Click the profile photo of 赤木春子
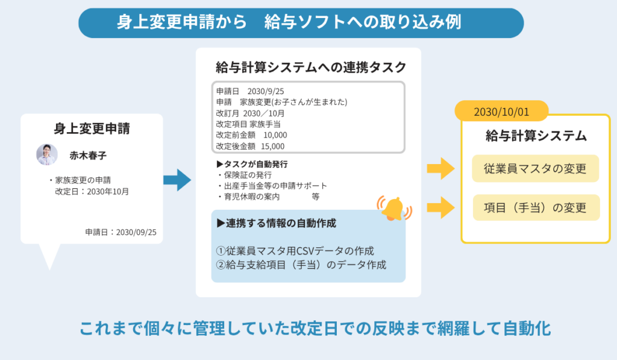coord(47,154)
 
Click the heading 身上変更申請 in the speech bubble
coord(92,128)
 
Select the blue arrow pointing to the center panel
coord(177,180)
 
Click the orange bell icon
coord(393,208)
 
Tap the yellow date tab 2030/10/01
coord(501,113)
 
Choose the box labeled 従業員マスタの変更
coord(535,169)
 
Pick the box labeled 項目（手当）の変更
coord(535,207)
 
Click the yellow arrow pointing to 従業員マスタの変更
coord(440,169)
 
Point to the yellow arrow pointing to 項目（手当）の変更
coord(440,208)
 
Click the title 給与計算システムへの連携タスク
coord(311,68)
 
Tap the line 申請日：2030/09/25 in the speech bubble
coord(121,232)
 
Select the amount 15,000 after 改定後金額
coord(273,146)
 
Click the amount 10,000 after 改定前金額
coord(275,135)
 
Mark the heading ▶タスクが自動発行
coord(252,164)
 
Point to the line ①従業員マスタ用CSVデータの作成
coord(295,250)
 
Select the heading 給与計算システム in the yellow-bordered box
coord(536,136)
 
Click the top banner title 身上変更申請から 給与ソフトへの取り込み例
coord(289,22)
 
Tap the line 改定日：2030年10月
coord(92,191)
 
